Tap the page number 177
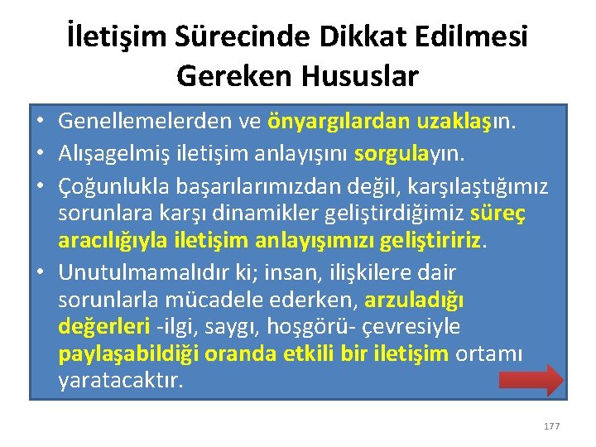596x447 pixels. [551, 426]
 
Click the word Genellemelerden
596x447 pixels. [146, 123]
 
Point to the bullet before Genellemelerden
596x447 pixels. [40, 123]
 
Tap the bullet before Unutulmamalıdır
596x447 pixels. [40, 272]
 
